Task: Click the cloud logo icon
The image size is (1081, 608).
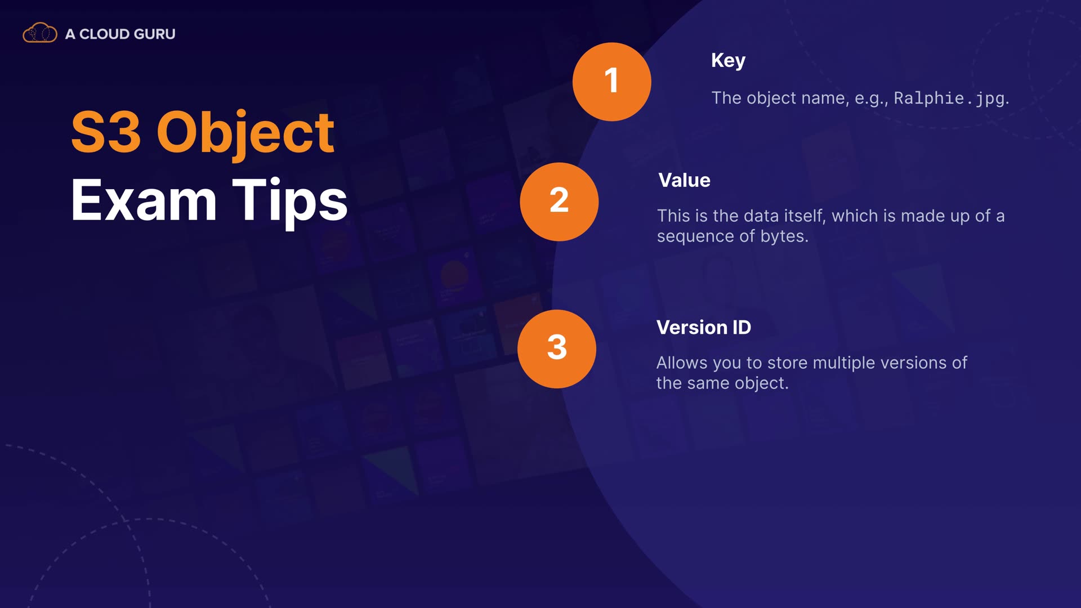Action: pyautogui.click(x=39, y=33)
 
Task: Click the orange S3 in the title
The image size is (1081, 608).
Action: pyautogui.click(x=106, y=132)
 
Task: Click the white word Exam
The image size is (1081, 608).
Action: pyautogui.click(x=144, y=200)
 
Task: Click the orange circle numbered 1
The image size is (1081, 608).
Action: pyautogui.click(x=612, y=82)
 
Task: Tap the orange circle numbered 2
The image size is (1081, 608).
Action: pyautogui.click(x=559, y=202)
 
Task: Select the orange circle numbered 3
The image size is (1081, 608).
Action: pyautogui.click(x=557, y=348)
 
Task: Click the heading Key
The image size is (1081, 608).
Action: pyautogui.click(x=728, y=61)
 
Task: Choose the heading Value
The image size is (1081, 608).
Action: pyautogui.click(x=684, y=180)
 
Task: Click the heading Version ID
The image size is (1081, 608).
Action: pyautogui.click(x=704, y=327)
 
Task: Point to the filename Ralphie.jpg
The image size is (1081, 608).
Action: pyautogui.click(x=950, y=99)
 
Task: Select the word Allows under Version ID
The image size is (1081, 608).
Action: pyautogui.click(x=682, y=363)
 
